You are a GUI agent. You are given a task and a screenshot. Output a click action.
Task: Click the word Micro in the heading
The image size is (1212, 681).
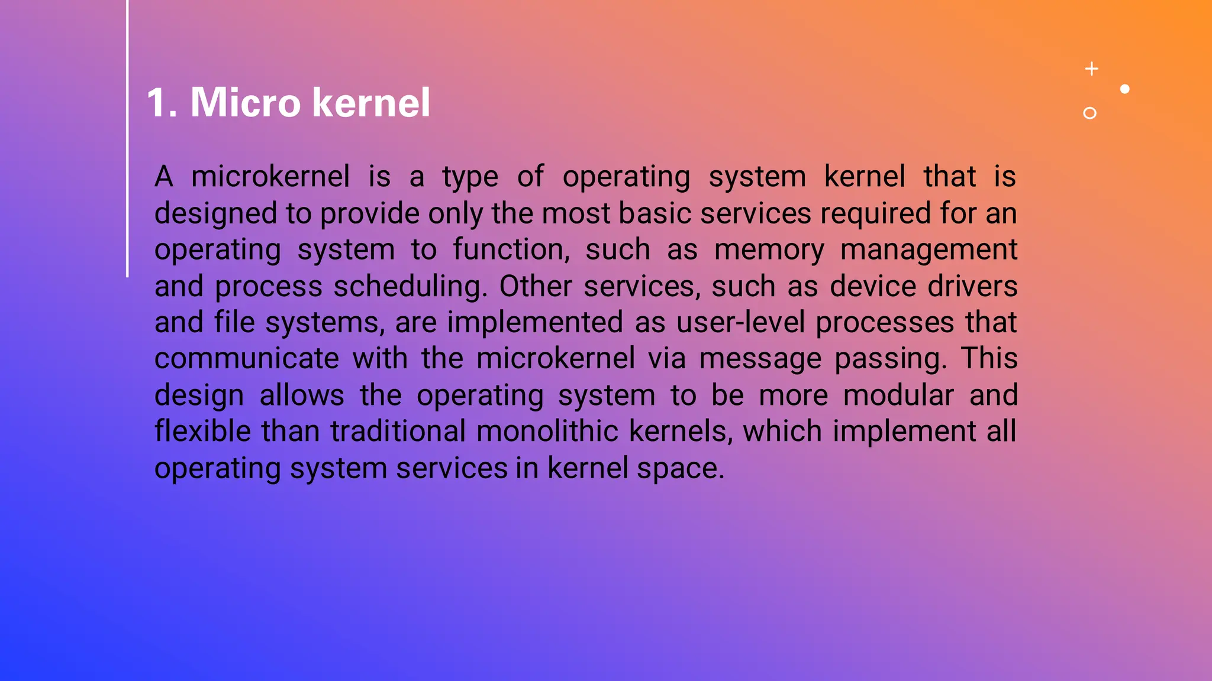click(x=245, y=103)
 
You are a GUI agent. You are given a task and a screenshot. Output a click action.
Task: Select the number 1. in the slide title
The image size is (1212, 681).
click(x=162, y=103)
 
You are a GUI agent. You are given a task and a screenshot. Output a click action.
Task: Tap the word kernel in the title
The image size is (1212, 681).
click(x=370, y=103)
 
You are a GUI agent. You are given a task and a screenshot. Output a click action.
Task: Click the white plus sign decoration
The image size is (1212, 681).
click(x=1092, y=69)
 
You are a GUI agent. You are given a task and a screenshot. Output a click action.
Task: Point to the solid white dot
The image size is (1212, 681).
click(x=1125, y=89)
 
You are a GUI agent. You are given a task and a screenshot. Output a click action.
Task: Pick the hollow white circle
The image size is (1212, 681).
click(x=1089, y=113)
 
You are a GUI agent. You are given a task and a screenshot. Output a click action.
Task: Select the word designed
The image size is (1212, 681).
click(x=215, y=213)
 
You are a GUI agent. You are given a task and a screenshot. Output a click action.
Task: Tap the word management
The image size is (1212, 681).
click(x=929, y=250)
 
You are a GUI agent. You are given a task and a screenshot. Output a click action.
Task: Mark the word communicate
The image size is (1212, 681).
click(x=247, y=359)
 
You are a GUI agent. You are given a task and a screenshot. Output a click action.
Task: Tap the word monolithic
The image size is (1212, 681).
click(x=547, y=432)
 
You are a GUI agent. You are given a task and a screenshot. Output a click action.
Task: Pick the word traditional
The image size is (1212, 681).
click(x=398, y=432)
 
